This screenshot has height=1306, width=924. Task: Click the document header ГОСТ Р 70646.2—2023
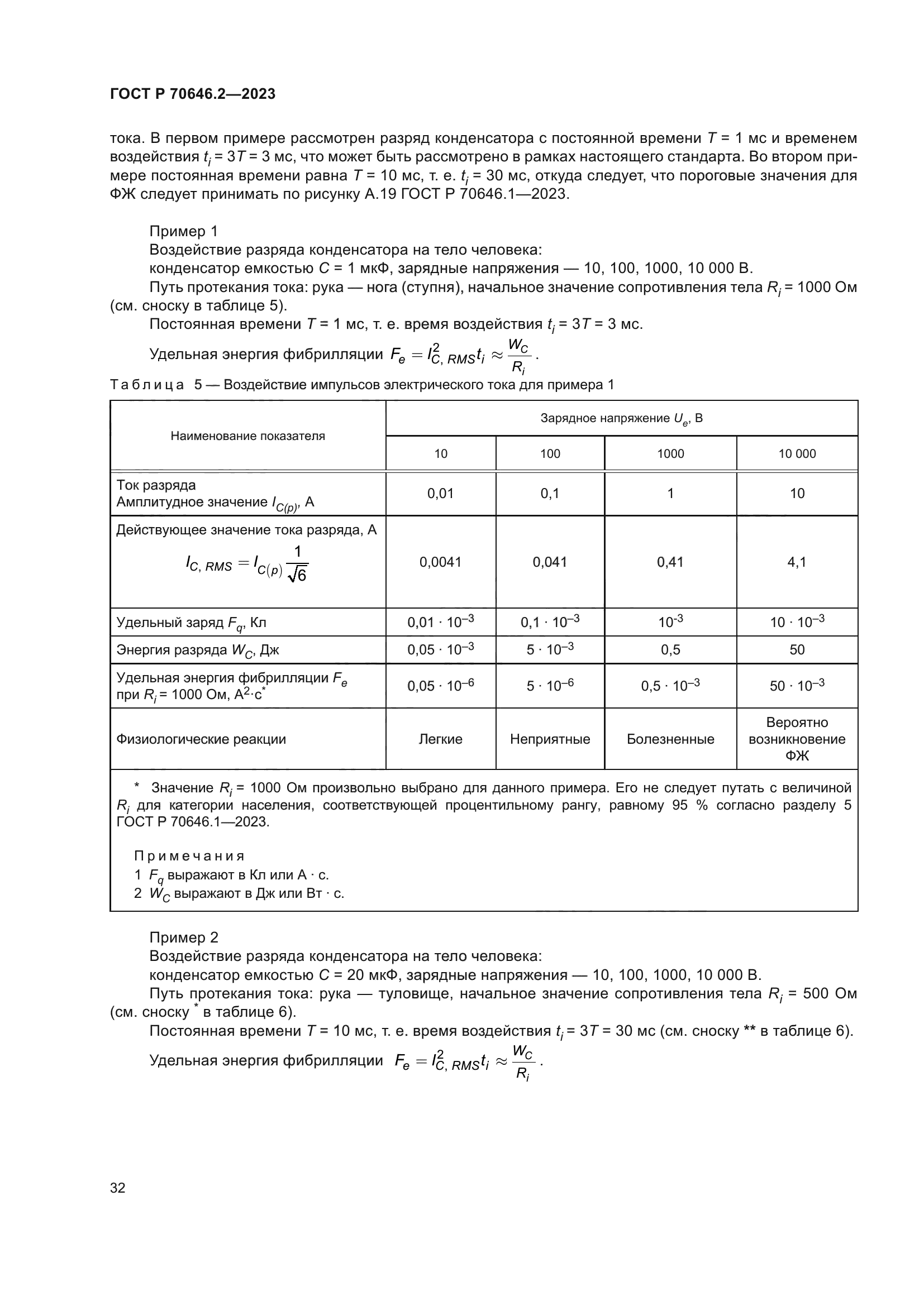coord(192,94)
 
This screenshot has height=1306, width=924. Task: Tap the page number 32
coord(118,1188)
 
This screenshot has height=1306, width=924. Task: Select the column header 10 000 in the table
coord(797,453)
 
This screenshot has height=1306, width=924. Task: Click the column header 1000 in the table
coord(670,453)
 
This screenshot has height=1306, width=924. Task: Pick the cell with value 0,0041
coord(440,562)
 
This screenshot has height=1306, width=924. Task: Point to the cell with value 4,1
coord(797,562)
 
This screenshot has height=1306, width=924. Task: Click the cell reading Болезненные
coord(670,739)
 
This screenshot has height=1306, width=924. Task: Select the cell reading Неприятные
coord(550,739)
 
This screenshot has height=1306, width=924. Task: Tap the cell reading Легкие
coord(440,739)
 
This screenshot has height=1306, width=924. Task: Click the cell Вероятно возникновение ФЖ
coord(797,739)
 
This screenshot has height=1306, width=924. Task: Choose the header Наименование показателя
coord(247,436)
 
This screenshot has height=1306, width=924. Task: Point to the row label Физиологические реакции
coord(201,739)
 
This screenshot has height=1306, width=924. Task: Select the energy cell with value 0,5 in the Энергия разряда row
coord(670,649)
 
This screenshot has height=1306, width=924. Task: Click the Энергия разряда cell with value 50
coord(797,649)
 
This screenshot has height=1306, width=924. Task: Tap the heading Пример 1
coord(183,231)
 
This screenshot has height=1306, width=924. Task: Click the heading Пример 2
coord(183,937)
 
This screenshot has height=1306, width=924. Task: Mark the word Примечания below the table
coord(189,856)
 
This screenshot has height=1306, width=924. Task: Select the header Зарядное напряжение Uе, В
coord(621,419)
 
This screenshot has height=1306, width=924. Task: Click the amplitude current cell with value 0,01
coord(440,493)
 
